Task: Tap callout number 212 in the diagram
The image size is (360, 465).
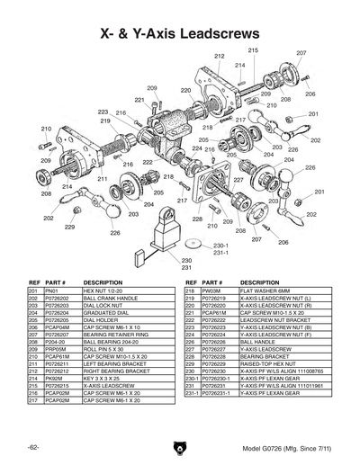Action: tap(219, 57)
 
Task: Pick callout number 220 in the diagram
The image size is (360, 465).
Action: tap(185, 91)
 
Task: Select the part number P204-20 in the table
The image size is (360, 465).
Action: tap(56, 342)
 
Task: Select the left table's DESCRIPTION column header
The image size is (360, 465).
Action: tap(103, 283)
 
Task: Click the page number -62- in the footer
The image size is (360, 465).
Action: tap(33, 447)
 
